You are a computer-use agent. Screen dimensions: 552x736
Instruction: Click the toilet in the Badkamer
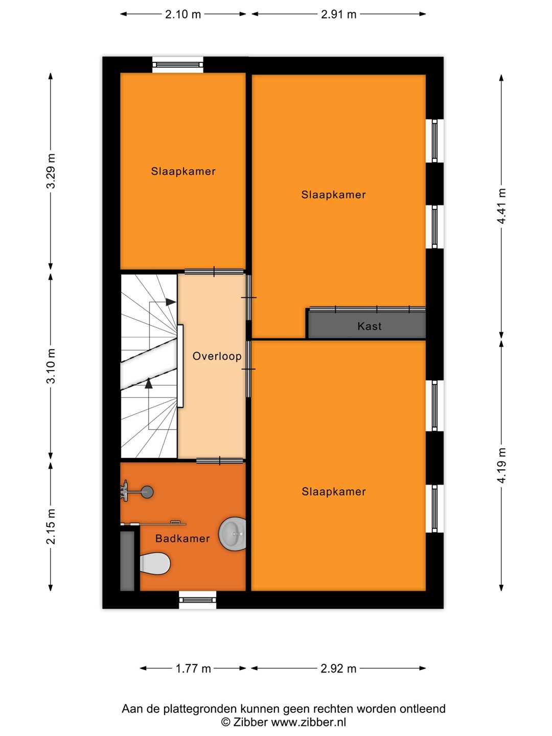click(155, 564)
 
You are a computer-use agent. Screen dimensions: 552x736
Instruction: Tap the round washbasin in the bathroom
click(233, 534)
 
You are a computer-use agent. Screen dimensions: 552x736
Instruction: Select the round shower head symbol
click(147, 492)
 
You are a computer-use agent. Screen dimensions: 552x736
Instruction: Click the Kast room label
click(370, 326)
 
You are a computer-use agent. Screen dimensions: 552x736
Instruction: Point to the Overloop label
click(217, 356)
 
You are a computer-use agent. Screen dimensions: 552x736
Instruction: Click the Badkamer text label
click(182, 539)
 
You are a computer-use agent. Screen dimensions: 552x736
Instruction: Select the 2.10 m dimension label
click(183, 14)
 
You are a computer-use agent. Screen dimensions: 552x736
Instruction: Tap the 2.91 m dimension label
click(338, 14)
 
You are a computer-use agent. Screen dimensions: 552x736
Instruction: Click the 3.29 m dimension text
click(51, 171)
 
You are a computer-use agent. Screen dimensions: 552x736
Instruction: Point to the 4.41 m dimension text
click(501, 206)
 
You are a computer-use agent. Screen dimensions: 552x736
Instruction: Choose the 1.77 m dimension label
click(193, 668)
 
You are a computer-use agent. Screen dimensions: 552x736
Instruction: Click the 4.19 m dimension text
click(501, 466)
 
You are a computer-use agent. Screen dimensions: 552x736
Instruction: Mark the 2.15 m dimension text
click(51, 526)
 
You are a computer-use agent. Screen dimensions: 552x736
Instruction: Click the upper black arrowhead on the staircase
click(171, 302)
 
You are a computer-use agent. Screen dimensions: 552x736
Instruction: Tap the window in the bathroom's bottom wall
click(197, 600)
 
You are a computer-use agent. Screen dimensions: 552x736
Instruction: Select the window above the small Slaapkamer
click(178, 65)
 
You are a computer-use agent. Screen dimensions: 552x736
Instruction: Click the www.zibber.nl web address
click(308, 722)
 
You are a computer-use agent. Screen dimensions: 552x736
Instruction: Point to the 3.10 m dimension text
click(51, 366)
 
